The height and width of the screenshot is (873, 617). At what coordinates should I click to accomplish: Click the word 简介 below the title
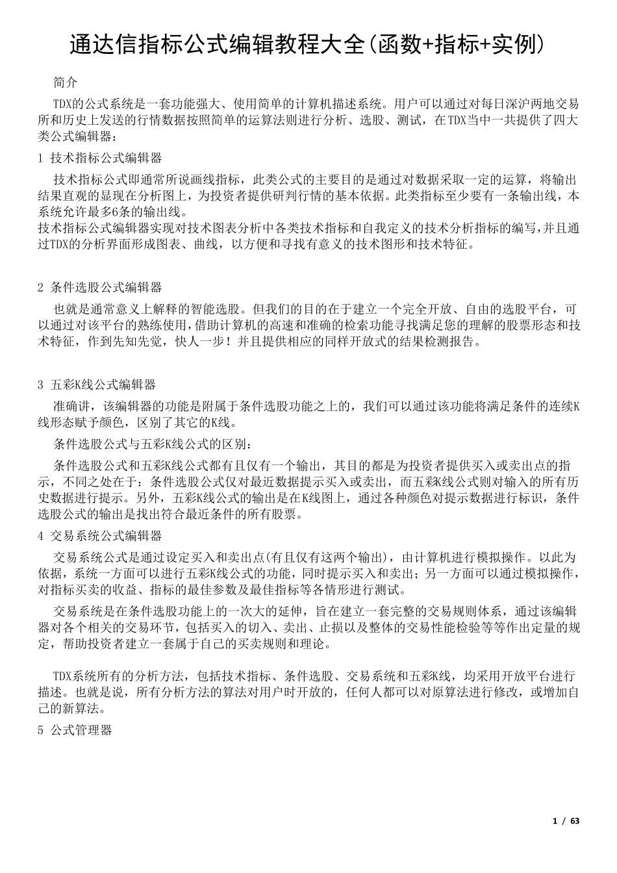[65, 83]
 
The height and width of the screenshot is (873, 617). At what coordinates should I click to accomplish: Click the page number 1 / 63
[566, 821]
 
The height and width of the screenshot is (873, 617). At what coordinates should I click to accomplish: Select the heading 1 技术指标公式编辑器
[100, 158]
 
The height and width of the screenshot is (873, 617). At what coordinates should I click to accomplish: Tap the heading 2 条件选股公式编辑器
[100, 288]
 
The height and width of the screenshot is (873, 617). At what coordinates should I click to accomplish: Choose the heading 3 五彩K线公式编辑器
[97, 385]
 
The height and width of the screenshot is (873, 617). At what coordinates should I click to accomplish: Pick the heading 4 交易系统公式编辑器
[100, 537]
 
